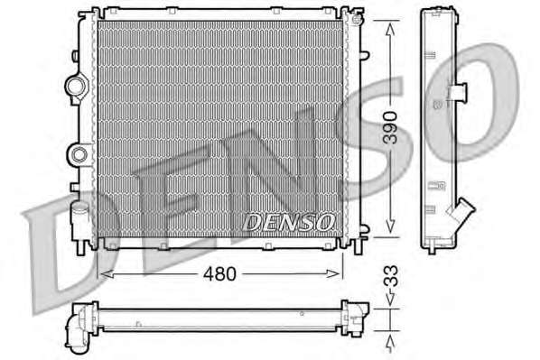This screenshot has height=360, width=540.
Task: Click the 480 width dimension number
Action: [219, 274]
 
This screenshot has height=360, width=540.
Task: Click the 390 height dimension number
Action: [391, 127]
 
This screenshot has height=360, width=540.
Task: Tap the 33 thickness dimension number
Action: [391, 276]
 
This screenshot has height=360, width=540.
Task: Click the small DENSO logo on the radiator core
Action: [288, 222]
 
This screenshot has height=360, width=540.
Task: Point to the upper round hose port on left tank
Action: [76, 86]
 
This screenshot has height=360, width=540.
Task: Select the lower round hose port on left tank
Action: [79, 155]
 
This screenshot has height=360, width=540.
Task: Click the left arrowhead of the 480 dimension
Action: [106, 274]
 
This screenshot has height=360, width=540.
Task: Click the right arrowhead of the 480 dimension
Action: [333, 274]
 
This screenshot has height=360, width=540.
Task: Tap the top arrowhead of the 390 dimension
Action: [390, 29]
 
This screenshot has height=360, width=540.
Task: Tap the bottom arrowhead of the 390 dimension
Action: [390, 226]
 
